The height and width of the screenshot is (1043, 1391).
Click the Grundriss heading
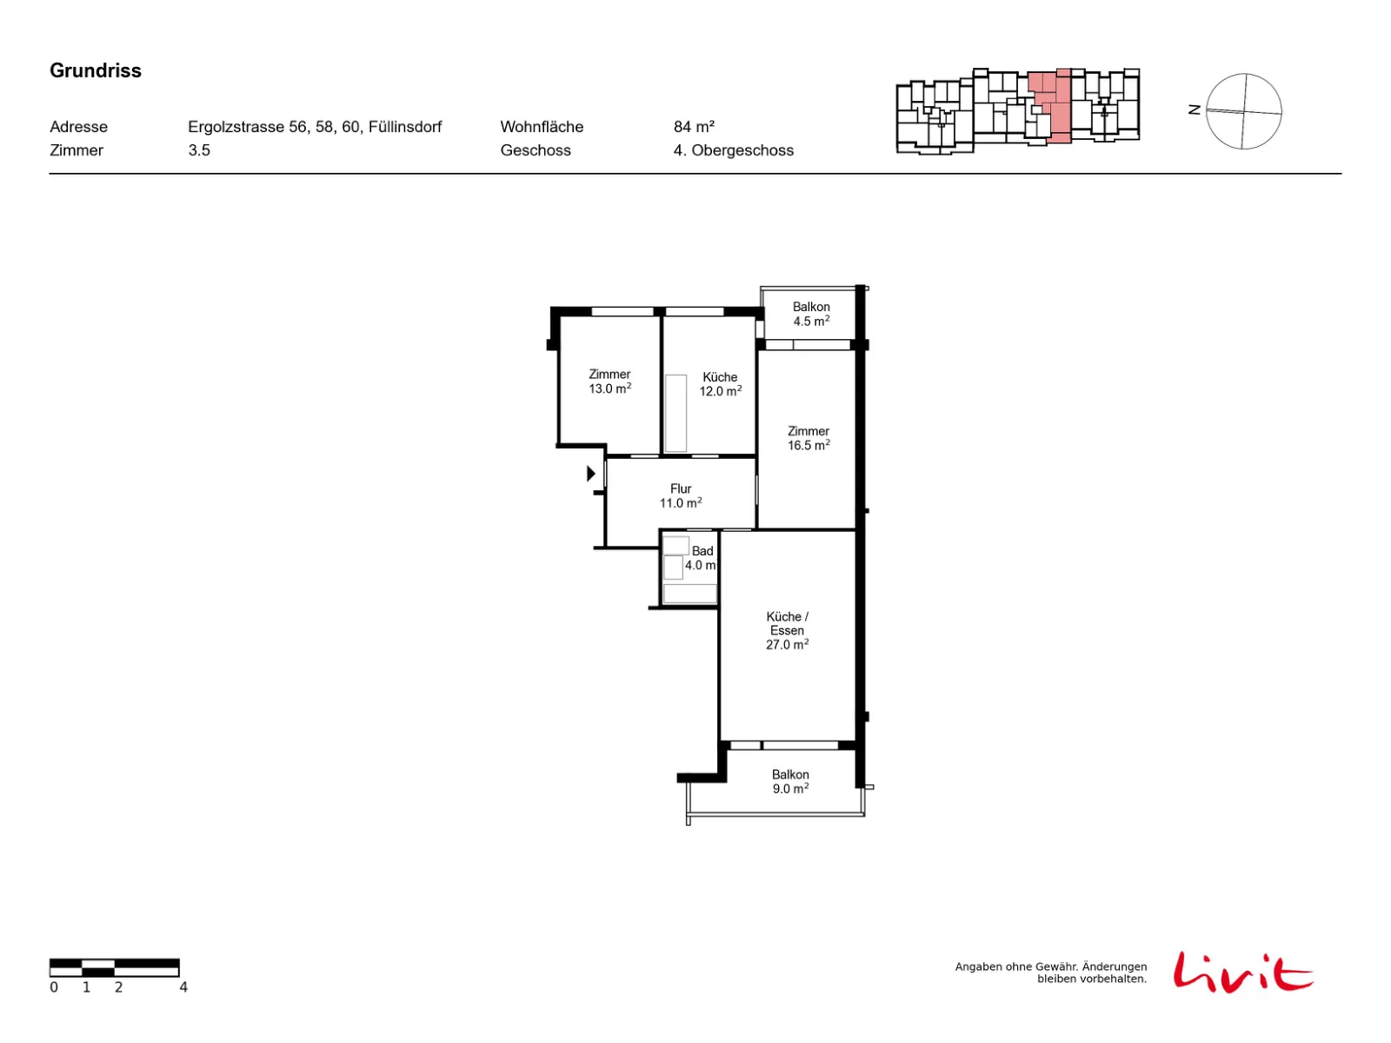[x=95, y=70]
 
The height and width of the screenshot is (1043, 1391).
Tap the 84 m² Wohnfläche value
[x=693, y=127]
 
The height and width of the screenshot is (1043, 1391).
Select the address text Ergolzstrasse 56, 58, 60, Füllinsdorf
[x=315, y=127]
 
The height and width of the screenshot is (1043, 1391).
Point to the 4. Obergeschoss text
[x=733, y=150]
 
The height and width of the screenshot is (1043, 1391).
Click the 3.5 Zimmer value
[x=199, y=150]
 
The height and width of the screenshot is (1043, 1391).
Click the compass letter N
[x=1194, y=110]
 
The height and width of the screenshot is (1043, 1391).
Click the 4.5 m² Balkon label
[x=810, y=314]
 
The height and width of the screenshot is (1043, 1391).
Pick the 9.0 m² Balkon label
[x=789, y=781]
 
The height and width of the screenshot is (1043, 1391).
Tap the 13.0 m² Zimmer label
[x=609, y=382]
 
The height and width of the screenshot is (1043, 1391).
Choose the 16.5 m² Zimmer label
[x=808, y=437]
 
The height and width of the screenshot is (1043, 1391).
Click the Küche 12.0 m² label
[x=720, y=384]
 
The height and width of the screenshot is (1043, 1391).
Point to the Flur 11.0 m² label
[x=680, y=495]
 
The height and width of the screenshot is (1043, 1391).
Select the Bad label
[x=702, y=551]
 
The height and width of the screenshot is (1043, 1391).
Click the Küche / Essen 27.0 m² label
[x=787, y=630]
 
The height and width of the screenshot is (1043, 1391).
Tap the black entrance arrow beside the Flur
[x=590, y=473]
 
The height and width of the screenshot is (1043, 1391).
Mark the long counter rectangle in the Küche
[x=676, y=413]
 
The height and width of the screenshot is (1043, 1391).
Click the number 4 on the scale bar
[x=183, y=987]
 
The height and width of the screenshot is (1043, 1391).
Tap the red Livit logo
[x=1242, y=972]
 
